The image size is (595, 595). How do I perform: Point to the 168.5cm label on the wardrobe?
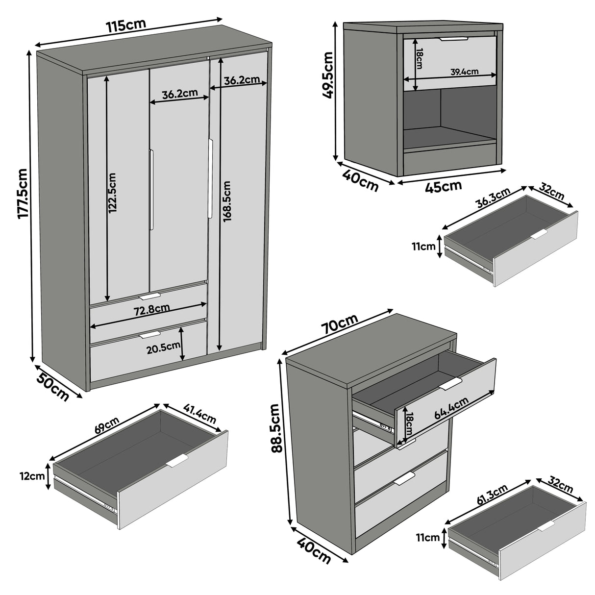coord(226,201)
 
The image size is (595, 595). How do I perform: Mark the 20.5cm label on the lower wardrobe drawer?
coord(162,348)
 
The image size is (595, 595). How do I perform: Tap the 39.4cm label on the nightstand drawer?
coord(464,72)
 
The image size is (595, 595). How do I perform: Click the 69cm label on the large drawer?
coord(106,425)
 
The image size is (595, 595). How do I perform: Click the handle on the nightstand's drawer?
coord(453,38)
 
